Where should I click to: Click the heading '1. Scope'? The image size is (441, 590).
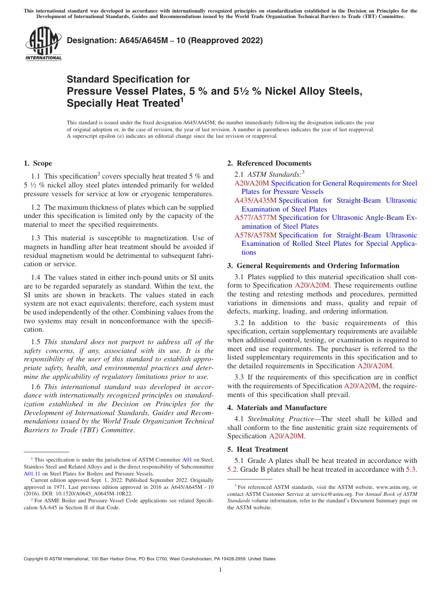coord(38,163)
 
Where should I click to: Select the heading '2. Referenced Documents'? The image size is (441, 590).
coord(269,163)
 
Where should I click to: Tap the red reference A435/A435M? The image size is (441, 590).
coord(255,200)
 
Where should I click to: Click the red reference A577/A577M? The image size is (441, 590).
coord(255,218)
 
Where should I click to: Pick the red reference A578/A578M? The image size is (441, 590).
coord(255,235)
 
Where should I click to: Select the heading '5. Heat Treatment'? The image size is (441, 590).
coord(258,449)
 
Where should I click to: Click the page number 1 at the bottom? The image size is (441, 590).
coord(220,570)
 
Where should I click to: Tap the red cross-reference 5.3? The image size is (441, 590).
coord(411,469)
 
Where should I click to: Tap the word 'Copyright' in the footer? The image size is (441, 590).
coord(34,559)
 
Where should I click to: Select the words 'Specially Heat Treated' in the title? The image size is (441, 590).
coord(123,103)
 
